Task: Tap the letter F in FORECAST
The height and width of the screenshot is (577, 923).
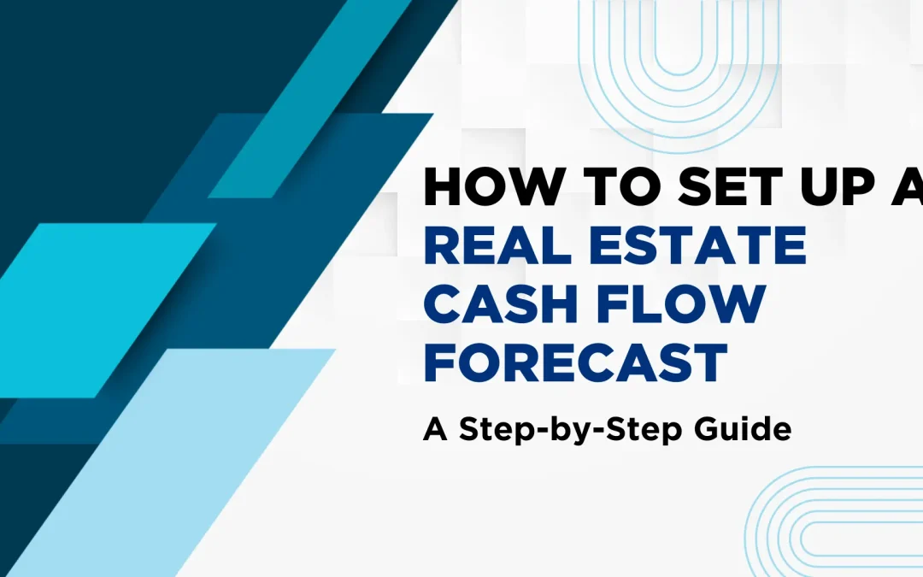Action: click(438, 362)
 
